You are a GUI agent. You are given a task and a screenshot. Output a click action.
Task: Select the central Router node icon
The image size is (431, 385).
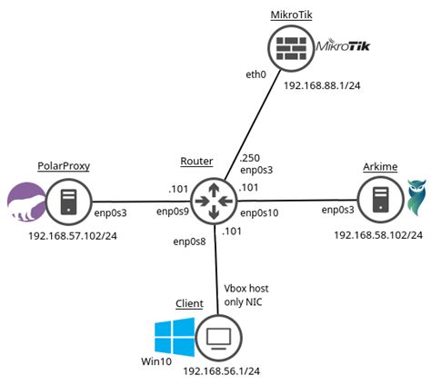coord(215,201)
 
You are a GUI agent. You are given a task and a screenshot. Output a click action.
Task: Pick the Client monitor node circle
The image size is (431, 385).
coord(218,338)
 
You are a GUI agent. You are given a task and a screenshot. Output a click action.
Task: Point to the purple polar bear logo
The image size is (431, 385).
coord(25,201)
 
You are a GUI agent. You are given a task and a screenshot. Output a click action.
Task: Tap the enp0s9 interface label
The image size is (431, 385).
coord(171,212)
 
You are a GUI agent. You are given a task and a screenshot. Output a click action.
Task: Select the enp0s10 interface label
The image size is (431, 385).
coord(260,212)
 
